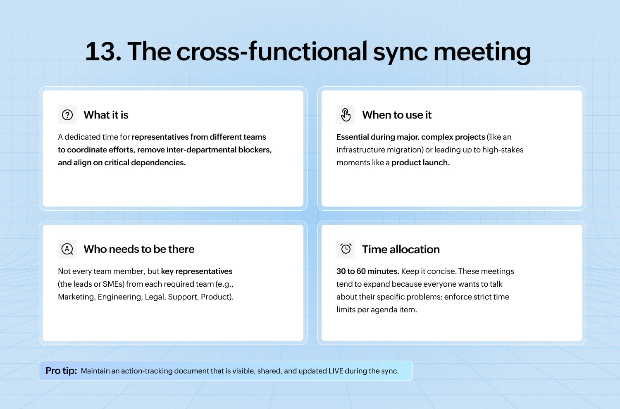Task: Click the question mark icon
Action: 67,115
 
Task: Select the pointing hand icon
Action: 346,115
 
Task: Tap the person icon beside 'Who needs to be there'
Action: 67,249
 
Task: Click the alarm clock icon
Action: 346,249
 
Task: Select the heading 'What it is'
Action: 106,115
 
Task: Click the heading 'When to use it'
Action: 397,115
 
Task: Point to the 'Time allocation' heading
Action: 401,250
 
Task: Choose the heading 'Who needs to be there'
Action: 139,249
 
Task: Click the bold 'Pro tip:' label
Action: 61,371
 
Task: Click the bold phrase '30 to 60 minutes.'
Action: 367,271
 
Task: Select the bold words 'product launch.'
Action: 420,163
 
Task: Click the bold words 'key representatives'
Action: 196,271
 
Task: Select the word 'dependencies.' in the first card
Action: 158,163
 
